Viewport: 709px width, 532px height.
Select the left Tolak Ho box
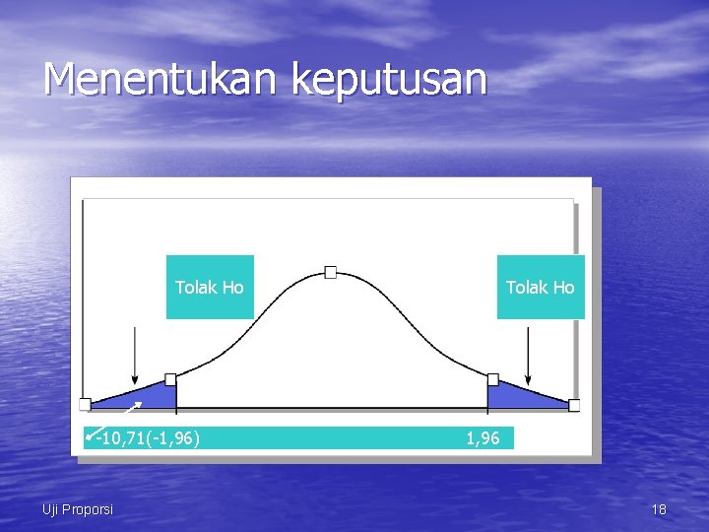(x=210, y=287)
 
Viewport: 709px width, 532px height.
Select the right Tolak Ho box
(x=540, y=287)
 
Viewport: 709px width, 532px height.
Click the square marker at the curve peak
(x=331, y=272)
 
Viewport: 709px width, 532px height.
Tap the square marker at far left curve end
(x=85, y=404)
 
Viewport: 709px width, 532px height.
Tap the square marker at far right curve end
(x=574, y=405)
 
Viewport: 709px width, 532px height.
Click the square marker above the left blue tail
(x=170, y=379)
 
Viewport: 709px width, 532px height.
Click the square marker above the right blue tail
(x=493, y=379)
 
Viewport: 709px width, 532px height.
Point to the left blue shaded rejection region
(x=148, y=395)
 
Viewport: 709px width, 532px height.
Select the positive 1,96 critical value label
(x=483, y=438)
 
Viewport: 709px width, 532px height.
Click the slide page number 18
(x=659, y=509)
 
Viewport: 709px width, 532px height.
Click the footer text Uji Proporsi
(x=78, y=509)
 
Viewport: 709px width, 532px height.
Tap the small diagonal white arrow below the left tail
(x=134, y=407)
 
